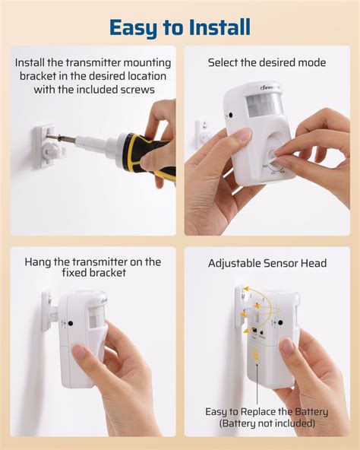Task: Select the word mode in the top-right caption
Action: pos(311,62)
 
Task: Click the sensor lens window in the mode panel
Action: pos(263,106)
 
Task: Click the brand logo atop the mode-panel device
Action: pos(268,88)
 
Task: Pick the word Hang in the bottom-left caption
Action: pos(39,262)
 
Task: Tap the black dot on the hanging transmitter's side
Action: pos(71,322)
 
